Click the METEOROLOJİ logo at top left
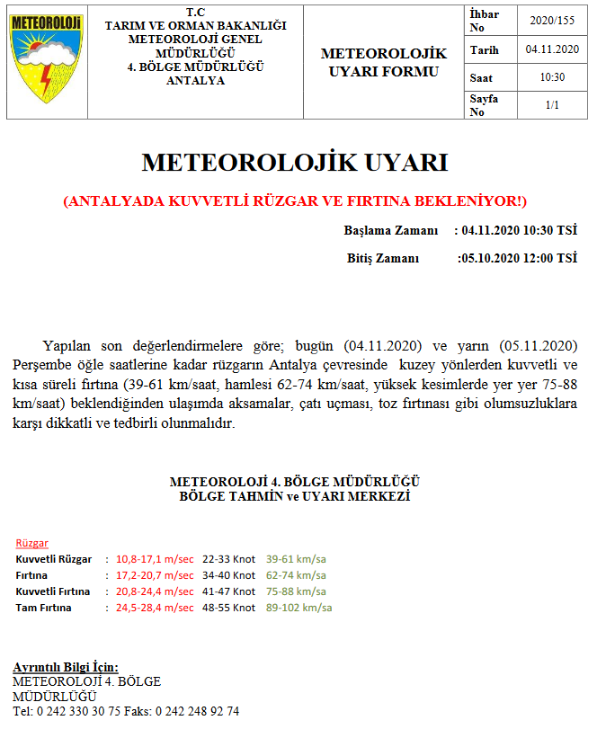[x=45, y=60]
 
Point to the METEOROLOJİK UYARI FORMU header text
[x=383, y=62]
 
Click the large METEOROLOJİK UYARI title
[x=295, y=163]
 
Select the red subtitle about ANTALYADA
[x=295, y=200]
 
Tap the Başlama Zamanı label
[x=391, y=231]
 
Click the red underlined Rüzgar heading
[x=32, y=544]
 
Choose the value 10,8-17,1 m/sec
[x=155, y=559]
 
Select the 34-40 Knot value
[x=228, y=575]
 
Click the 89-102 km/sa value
[x=299, y=608]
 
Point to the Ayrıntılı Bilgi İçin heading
[x=66, y=667]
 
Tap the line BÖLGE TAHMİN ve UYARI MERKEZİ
[x=295, y=496]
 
